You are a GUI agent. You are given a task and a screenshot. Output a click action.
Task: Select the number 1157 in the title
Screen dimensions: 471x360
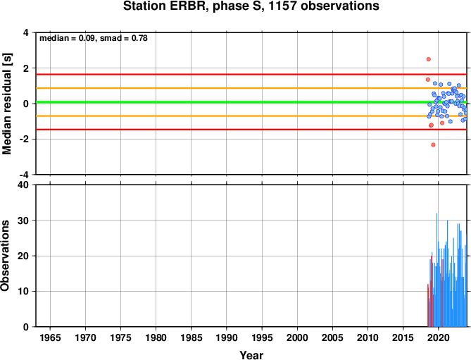(282, 6)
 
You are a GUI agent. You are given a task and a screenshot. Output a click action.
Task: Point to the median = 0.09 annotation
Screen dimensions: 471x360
(68, 38)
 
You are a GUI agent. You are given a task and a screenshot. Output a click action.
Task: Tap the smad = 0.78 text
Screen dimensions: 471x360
(124, 38)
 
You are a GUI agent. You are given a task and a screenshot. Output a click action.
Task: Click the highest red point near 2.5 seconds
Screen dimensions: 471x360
(429, 59)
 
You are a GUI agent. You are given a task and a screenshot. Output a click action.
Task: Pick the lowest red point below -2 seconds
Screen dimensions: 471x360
(433, 145)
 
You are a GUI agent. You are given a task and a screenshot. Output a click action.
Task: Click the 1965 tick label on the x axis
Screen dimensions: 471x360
(50, 337)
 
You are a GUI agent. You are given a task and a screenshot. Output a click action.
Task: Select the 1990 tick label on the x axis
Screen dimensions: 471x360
(227, 337)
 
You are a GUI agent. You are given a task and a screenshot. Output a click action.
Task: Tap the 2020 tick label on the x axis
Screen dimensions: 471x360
(439, 337)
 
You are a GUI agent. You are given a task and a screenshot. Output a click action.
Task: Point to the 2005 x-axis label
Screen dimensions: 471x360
(332, 337)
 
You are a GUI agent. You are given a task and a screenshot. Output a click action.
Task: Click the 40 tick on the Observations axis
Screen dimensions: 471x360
(25, 185)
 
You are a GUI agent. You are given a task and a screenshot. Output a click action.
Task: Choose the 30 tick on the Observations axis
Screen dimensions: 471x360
(25, 221)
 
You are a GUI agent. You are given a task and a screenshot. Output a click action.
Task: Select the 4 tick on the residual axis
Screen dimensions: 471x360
(27, 32)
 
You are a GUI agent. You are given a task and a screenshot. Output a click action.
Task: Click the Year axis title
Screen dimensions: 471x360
(251, 355)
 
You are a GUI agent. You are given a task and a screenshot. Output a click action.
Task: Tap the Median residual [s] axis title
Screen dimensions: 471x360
(7, 104)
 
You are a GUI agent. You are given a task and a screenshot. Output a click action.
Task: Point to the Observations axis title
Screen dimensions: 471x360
(5, 256)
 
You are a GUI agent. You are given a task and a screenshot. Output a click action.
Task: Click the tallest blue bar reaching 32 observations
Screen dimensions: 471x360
(437, 270)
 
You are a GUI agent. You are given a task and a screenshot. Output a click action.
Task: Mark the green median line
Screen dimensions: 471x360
(251, 102)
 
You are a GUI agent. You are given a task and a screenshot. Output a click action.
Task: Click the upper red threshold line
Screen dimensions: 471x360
(251, 74)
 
